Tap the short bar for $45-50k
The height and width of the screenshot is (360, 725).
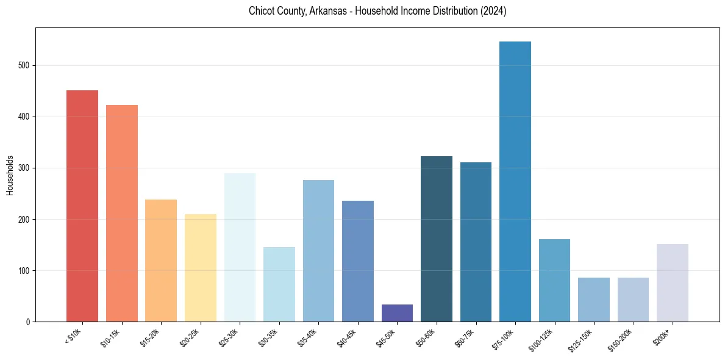[x=397, y=313]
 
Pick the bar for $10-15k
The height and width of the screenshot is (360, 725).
[x=122, y=213]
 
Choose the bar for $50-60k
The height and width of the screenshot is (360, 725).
[x=437, y=239]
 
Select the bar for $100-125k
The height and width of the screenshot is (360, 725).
[x=554, y=280]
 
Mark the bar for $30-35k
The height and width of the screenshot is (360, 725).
[x=279, y=284]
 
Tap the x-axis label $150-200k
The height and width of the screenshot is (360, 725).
[x=621, y=340]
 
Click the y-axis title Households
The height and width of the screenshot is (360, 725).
[x=10, y=175]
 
